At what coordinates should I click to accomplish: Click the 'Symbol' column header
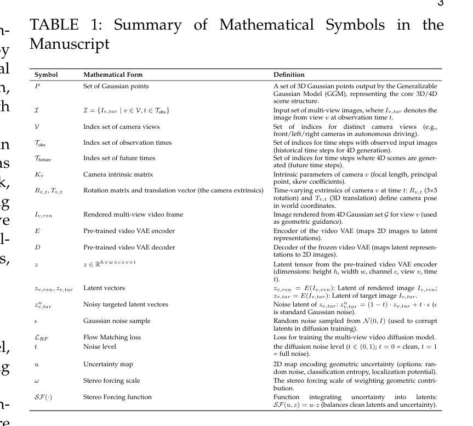pyautogui.click(x=46, y=75)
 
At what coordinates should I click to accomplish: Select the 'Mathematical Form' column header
pyautogui.click(x=112, y=75)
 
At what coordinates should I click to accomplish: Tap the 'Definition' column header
pyautogui.click(x=289, y=75)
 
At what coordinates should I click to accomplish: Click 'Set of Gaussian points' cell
pyautogui.click(x=116, y=86)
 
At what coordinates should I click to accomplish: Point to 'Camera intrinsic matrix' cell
pyautogui.click(x=118, y=174)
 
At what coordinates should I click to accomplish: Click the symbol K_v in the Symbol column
pyautogui.click(x=38, y=175)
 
